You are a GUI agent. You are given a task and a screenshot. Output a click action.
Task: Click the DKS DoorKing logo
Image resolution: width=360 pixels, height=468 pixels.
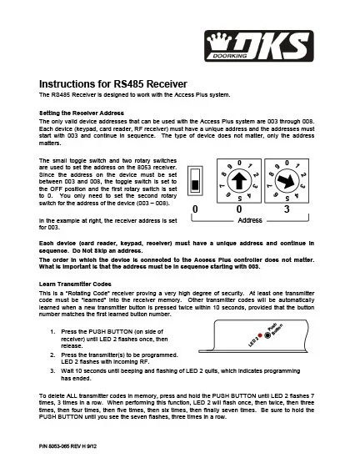click(259, 46)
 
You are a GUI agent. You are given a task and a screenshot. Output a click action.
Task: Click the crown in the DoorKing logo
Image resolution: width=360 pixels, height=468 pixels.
click(219, 42)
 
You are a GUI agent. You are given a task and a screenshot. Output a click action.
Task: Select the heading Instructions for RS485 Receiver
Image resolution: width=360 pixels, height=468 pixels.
click(113, 84)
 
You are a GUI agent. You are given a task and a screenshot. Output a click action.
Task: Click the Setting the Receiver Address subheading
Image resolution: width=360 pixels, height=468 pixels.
click(82, 113)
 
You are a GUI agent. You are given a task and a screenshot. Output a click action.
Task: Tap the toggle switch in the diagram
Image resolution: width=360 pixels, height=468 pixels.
click(195, 181)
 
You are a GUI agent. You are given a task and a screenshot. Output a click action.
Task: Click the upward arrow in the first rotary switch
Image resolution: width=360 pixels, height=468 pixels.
click(239, 181)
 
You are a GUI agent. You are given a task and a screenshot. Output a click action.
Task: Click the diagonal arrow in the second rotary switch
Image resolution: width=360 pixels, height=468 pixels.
click(287, 181)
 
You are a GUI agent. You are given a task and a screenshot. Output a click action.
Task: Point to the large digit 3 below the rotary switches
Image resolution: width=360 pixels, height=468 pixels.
click(287, 209)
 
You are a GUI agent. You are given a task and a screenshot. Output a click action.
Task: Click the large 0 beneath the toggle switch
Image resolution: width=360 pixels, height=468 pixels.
click(195, 209)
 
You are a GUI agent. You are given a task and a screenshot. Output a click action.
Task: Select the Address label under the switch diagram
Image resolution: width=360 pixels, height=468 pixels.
click(250, 220)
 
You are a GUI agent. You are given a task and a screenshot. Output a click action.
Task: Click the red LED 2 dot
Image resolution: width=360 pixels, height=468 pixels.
click(260, 335)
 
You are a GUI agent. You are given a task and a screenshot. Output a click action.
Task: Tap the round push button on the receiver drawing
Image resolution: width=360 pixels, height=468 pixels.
click(267, 335)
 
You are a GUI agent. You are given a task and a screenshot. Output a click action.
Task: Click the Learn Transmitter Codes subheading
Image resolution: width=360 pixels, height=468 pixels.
click(75, 284)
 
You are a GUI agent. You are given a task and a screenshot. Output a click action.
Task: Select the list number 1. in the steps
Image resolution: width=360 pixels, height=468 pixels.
click(52, 331)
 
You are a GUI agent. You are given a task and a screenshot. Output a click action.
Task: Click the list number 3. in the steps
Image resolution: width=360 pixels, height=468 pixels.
click(52, 371)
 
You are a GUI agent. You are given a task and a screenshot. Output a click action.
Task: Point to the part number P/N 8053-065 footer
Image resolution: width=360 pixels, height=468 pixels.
click(67, 446)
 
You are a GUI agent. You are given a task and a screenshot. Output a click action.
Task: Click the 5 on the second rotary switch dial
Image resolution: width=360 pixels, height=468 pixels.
click(287, 199)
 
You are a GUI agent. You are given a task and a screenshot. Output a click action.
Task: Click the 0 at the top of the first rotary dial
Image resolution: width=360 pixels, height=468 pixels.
click(239, 163)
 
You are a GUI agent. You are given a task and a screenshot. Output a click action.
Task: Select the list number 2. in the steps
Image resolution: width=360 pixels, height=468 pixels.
click(52, 355)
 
